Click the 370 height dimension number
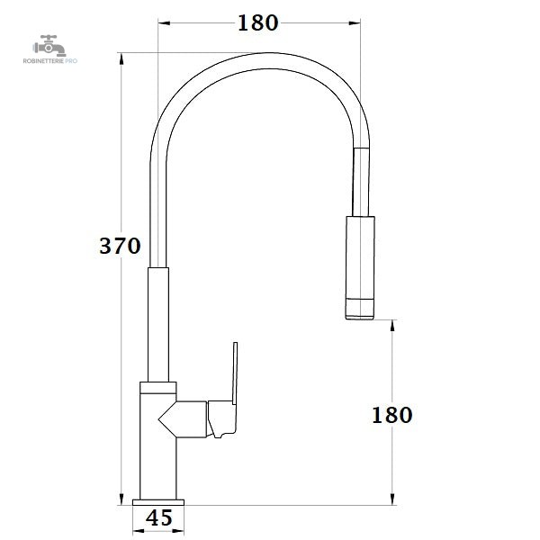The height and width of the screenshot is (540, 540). click(120, 246)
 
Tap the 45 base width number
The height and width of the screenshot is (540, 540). click(158, 517)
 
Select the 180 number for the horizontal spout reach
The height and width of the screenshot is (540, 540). click(258, 23)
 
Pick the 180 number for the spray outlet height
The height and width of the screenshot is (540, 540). click(391, 415)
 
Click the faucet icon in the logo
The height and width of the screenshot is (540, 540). click(49, 46)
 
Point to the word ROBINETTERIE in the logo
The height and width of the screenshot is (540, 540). click(43, 61)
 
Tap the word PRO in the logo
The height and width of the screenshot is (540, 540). click(71, 61)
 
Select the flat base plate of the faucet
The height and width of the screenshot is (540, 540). click(158, 502)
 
